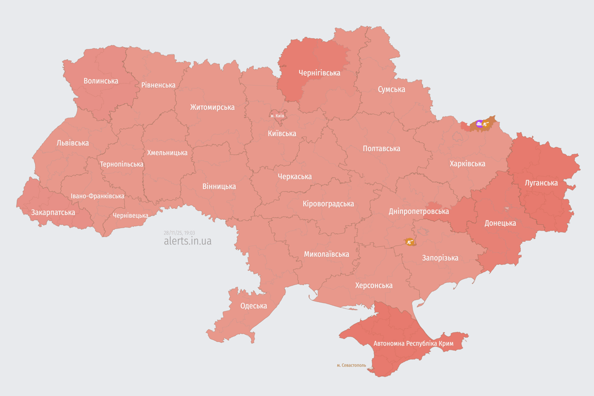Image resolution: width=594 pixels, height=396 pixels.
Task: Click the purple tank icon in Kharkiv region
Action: tap(480, 124)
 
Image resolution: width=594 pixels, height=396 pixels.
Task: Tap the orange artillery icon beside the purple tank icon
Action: tap(486, 124)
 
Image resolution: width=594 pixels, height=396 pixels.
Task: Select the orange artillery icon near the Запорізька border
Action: tap(410, 241)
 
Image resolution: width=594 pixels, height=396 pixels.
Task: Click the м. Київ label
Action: tap(277, 115)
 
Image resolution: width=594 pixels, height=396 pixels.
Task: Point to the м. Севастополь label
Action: tap(351, 365)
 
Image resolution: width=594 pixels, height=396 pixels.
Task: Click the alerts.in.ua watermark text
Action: tap(187, 241)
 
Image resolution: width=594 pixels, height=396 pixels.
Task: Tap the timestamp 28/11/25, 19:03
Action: tap(179, 233)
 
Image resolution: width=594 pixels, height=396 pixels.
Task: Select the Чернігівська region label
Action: tap(319, 73)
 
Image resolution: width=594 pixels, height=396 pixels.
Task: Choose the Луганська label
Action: tap(541, 183)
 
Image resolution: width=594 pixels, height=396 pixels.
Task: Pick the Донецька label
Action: tap(500, 223)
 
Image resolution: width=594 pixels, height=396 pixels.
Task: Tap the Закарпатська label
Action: tap(53, 212)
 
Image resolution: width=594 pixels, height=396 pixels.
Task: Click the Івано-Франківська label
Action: tap(97, 196)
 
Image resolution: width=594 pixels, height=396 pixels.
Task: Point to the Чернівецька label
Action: tap(130, 215)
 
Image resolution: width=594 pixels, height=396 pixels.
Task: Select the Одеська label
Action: tap(253, 306)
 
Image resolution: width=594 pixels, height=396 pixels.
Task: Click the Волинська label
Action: tap(101, 80)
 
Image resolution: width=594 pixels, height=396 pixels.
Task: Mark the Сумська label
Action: tap(391, 89)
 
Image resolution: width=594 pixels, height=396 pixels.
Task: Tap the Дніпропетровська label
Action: tap(418, 211)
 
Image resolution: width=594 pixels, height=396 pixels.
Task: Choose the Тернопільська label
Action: tap(122, 164)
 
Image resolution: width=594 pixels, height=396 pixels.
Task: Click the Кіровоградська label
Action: tap(328, 204)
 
